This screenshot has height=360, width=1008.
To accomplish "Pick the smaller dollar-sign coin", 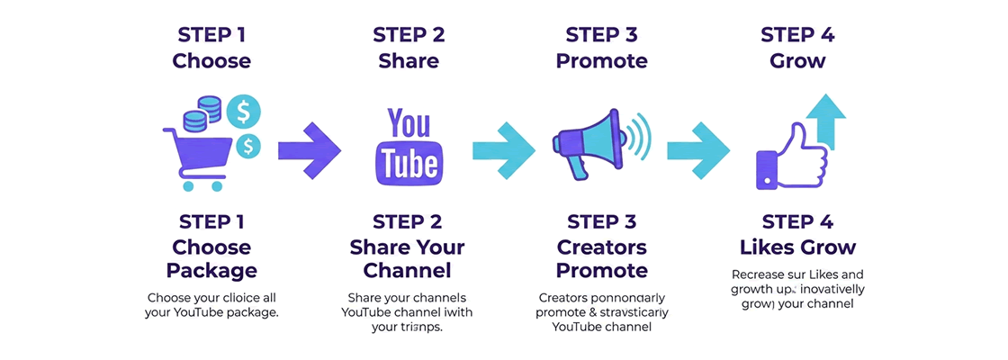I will [x=246, y=144].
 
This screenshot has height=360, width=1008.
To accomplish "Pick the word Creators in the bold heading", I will [x=601, y=246].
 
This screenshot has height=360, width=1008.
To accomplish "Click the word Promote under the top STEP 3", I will [x=601, y=61].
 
